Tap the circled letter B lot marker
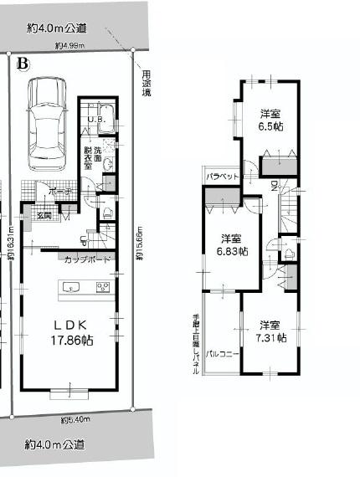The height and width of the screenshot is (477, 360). [x=23, y=64]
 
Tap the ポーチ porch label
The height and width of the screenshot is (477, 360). [x=61, y=192]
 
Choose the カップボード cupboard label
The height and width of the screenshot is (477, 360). [x=87, y=260]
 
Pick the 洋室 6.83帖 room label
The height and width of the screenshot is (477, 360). [x=232, y=244]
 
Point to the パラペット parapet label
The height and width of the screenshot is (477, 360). [x=224, y=177]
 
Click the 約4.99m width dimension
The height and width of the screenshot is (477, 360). [x=70, y=46]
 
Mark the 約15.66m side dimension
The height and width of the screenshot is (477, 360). [x=140, y=244]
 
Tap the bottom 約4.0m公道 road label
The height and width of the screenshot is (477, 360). [x=55, y=444]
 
